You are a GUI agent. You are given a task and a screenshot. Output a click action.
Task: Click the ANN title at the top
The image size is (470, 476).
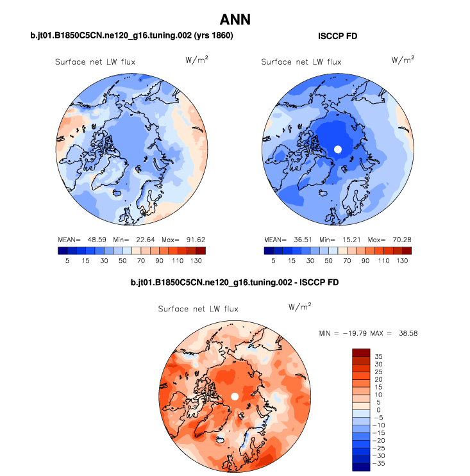pyautogui.click(x=235, y=20)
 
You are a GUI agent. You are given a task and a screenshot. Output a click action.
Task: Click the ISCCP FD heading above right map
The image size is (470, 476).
pyautogui.click(x=337, y=37)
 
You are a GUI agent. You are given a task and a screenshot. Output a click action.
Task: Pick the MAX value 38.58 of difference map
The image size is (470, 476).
pyautogui.click(x=408, y=334)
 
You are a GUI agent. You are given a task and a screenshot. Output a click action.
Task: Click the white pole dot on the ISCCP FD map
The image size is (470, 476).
pyautogui.click(x=338, y=149)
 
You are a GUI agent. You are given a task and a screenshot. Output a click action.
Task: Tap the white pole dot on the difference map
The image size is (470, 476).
pyautogui.click(x=235, y=397)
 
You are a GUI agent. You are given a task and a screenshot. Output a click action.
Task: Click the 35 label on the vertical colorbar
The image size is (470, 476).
pyautogui.click(x=378, y=356)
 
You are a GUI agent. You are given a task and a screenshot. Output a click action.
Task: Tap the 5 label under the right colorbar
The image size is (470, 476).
pyautogui.click(x=274, y=261)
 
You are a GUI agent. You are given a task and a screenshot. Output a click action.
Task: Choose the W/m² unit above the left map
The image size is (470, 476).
pyautogui.click(x=196, y=60)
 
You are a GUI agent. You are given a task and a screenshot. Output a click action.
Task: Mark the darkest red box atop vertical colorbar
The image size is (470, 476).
pyautogui.click(x=361, y=352)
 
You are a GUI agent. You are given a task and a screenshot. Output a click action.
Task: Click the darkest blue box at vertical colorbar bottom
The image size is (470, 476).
pyautogui.click(x=361, y=467)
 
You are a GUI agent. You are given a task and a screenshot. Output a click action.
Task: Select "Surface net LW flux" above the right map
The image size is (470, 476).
pyautogui.click(x=301, y=62)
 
